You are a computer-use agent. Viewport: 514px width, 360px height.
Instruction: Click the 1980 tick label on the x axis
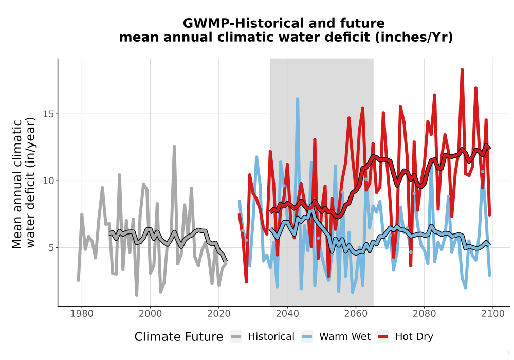pyautogui.click(x=82, y=314)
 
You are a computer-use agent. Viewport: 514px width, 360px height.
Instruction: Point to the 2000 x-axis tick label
pyautogui.click(x=150, y=314)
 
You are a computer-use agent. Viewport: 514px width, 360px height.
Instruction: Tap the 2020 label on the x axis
pyautogui.click(x=218, y=314)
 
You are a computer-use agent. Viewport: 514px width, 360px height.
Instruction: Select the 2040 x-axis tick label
pyautogui.click(x=287, y=314)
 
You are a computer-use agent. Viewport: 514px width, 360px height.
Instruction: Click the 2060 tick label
pyautogui.click(x=356, y=314)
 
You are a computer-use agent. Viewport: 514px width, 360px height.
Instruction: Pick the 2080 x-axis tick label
pyautogui.click(x=424, y=314)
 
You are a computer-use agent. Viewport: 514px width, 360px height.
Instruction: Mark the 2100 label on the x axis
pyautogui.click(x=493, y=314)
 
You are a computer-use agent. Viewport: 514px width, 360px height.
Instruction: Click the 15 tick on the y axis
pyautogui.click(x=48, y=114)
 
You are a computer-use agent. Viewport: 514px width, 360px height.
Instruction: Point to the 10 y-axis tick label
pyautogui.click(x=48, y=181)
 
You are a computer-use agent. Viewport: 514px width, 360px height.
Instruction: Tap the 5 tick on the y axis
pyautogui.click(x=51, y=247)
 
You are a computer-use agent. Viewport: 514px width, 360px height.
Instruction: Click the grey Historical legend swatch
pyautogui.click(x=236, y=337)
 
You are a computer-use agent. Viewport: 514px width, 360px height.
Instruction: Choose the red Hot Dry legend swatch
pyautogui.click(x=383, y=337)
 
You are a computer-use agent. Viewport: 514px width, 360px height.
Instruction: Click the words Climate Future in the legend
pyautogui.click(x=179, y=337)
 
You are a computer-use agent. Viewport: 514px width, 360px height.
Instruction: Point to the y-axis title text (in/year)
pyautogui.click(x=30, y=182)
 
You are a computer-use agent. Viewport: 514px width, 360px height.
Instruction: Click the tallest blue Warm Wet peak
pyautogui.click(x=298, y=99)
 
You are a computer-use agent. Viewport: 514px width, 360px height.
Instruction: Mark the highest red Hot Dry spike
pyautogui.click(x=462, y=70)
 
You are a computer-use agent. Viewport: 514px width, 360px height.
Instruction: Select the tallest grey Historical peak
pyautogui.click(x=174, y=147)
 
